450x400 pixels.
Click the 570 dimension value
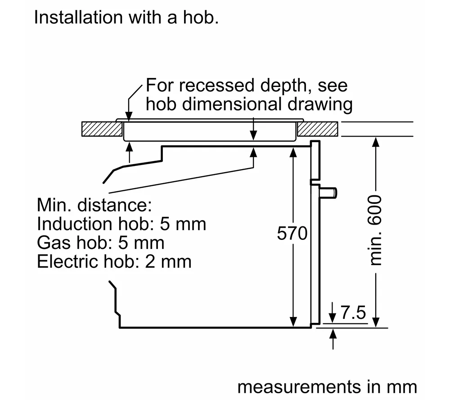292,234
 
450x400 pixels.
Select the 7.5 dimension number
353,313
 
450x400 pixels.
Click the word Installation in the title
72,18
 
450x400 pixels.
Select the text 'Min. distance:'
94,205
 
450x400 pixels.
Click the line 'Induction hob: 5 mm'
121,224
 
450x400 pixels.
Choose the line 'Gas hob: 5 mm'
101,243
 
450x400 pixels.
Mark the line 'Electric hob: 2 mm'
114,262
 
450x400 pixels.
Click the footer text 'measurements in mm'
327,386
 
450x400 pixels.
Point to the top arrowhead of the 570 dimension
293,152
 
